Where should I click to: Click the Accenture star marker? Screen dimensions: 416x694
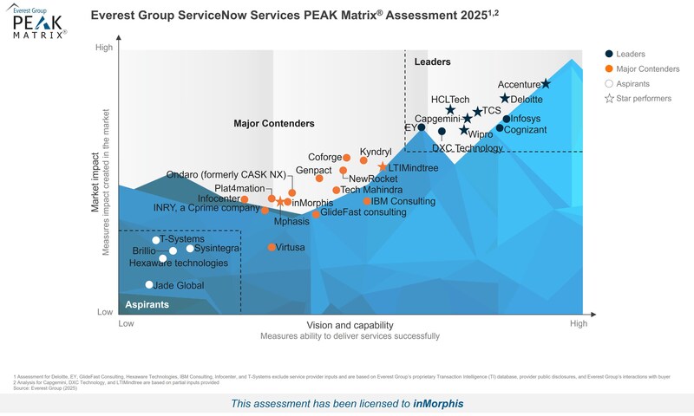546,84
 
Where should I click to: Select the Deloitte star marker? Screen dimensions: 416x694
505,99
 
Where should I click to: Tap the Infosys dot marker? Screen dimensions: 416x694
507,119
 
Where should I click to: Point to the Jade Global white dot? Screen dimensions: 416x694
149,284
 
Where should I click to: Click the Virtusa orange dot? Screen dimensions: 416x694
272,247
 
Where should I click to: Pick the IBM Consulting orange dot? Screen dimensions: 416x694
367,201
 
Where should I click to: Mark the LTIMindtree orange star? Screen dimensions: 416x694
383,166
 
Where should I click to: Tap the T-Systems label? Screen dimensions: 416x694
181,239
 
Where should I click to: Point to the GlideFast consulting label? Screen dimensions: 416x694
363,212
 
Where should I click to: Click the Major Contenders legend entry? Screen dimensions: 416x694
645,68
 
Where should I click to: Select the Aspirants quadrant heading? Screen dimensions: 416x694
147,305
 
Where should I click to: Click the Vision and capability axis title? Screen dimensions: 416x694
350,324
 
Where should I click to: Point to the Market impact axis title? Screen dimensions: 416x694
95,182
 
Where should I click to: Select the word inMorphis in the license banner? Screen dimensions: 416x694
439,403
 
